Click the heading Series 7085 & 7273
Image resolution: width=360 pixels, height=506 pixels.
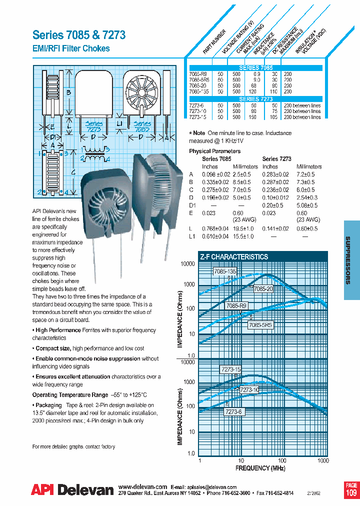pyautogui.click(x=79, y=35)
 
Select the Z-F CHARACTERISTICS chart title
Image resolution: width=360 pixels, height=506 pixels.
pyautogui.click(x=234, y=256)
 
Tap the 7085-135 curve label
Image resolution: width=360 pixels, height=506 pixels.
pyautogui.click(x=224, y=271)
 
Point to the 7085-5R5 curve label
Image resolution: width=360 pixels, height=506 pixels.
pyautogui.click(x=260, y=324)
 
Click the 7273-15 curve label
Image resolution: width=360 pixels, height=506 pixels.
pyautogui.click(x=230, y=369)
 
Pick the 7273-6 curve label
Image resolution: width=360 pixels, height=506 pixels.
pyautogui.click(x=233, y=411)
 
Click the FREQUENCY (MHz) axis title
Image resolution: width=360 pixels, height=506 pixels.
pyautogui.click(x=260, y=468)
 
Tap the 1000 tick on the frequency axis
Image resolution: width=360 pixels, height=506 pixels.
pyautogui.click(x=323, y=460)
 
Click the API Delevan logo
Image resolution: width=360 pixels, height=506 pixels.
pyautogui.click(x=72, y=490)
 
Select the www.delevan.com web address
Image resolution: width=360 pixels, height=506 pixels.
pyautogui.click(x=142, y=486)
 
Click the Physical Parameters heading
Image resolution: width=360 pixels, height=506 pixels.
pyautogui.click(x=214, y=151)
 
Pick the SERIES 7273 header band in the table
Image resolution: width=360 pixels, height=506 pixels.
pyautogui.click(x=256, y=99)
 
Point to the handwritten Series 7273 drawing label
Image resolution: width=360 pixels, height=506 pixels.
pyautogui.click(x=93, y=126)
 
